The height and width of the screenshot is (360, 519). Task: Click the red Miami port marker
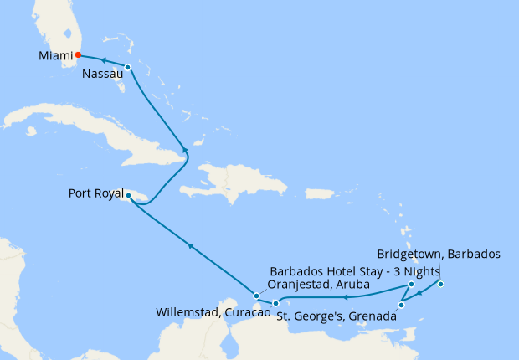(78, 55)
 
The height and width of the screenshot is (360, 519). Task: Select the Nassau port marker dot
(127, 67)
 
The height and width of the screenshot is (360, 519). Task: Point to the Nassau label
(103, 75)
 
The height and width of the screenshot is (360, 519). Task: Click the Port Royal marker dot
(128, 195)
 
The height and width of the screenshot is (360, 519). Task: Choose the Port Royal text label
(95, 195)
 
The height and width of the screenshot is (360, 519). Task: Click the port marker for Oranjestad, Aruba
(257, 296)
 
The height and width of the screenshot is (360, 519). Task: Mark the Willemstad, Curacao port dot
(275, 303)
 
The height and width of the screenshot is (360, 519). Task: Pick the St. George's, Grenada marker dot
(402, 305)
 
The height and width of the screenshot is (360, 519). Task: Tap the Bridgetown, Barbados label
(439, 253)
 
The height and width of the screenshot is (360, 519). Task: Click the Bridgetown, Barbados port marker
(441, 285)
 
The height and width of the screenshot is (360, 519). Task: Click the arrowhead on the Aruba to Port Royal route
(192, 246)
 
